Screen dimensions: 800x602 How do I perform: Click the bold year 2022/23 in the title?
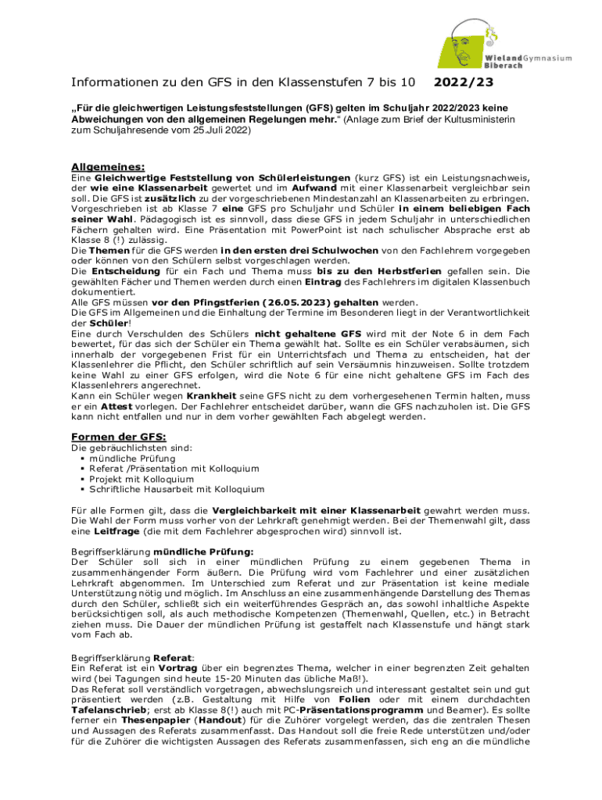click(464, 82)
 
